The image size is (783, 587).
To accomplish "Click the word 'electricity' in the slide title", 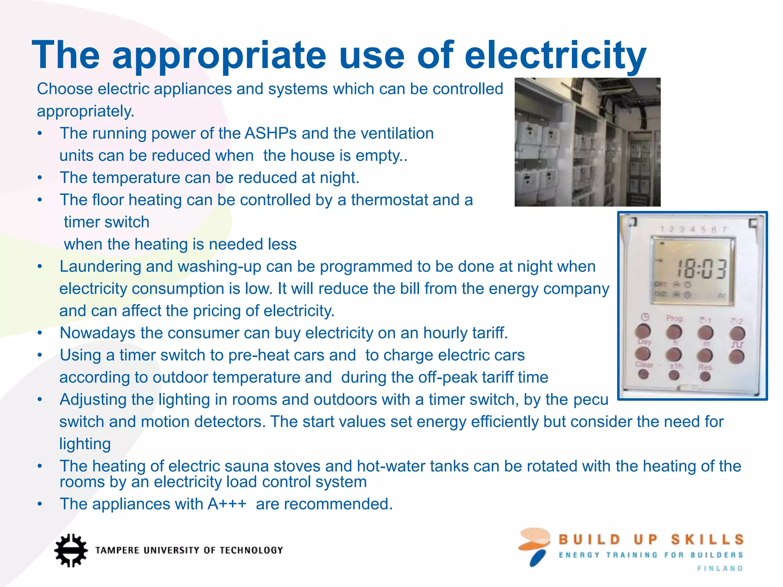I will [555, 55].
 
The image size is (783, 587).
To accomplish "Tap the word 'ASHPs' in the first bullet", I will [270, 133].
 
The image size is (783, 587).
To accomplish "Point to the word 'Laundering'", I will [100, 266].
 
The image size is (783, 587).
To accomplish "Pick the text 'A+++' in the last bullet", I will [227, 504].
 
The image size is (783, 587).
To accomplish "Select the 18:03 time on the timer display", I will [701, 269].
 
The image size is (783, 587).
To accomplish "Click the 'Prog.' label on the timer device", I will [674, 318].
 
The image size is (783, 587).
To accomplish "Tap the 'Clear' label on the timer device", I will [645, 365].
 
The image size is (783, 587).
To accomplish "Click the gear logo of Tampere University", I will [70, 550].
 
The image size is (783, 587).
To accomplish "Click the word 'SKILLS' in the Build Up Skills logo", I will [707, 540].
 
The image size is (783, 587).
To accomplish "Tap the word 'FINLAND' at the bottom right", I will [720, 569].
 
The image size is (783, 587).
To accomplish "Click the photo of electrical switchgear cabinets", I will [587, 142].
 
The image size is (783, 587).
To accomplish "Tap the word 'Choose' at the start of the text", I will [65, 89].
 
